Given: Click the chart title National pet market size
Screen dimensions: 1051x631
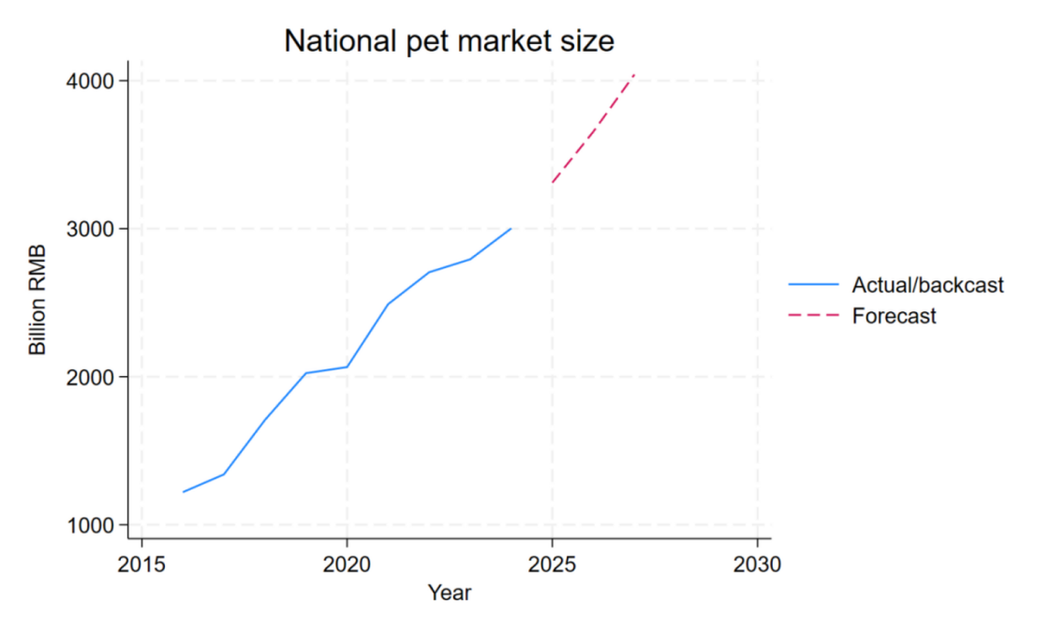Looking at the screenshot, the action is (x=449, y=41).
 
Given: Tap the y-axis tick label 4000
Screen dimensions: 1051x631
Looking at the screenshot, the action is (x=90, y=82).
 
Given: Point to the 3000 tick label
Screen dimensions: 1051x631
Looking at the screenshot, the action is (x=90, y=229).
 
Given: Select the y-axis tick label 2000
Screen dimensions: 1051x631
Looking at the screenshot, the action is (x=90, y=377).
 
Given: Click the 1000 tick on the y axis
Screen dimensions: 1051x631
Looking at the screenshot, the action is (x=90, y=525).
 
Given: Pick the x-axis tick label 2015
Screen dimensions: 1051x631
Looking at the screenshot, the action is (x=141, y=564).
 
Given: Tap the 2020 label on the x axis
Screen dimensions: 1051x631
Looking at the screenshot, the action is (x=347, y=564).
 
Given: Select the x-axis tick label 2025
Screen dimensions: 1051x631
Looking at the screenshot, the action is (x=552, y=564).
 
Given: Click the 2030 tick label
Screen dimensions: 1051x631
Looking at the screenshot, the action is (x=757, y=564).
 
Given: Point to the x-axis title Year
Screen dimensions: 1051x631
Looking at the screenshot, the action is (x=449, y=593).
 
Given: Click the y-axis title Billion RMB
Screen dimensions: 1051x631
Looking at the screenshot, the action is (x=37, y=300).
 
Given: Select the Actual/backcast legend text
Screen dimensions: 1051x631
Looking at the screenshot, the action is (x=927, y=285).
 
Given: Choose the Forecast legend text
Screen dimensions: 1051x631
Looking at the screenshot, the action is (x=895, y=316).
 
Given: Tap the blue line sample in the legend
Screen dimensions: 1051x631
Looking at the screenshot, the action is (x=814, y=285).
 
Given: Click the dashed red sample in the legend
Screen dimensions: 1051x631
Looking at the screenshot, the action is (x=814, y=315).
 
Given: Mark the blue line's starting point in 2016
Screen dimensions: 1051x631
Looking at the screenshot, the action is (x=183, y=492).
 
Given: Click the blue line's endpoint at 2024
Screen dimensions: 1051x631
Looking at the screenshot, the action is (x=511, y=229).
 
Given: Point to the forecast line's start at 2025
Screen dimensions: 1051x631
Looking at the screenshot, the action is (x=553, y=183).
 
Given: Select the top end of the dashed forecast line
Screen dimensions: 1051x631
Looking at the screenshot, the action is (x=634, y=74).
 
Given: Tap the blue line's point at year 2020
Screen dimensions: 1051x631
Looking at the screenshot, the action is (x=348, y=367).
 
